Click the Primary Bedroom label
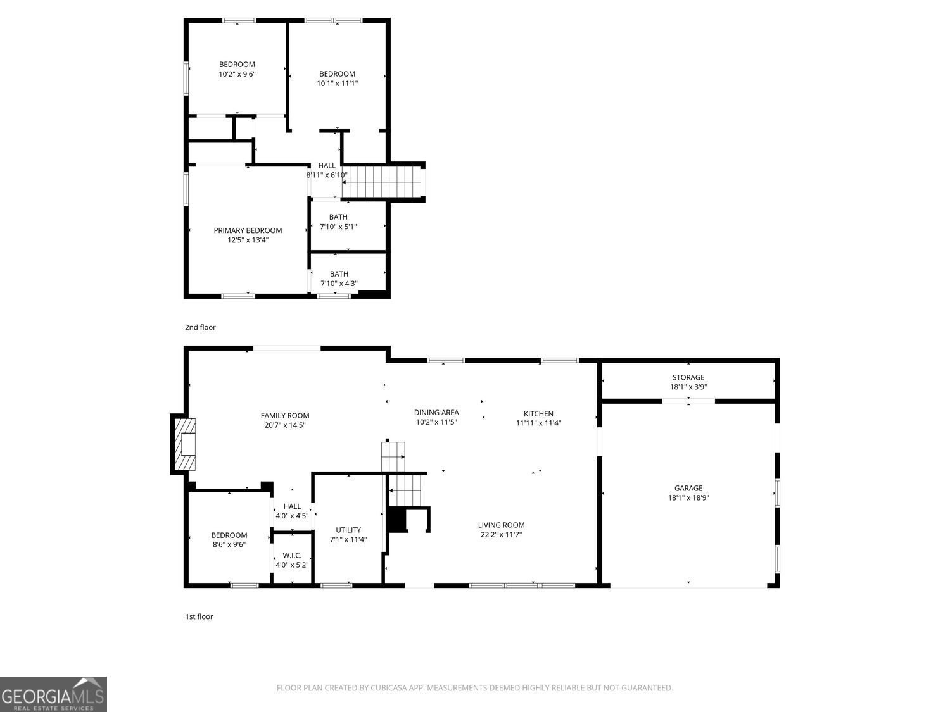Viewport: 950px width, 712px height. click(x=248, y=230)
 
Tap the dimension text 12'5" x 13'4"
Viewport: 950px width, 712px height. click(x=248, y=240)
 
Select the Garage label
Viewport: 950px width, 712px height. click(x=688, y=488)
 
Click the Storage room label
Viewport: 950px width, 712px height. click(x=688, y=377)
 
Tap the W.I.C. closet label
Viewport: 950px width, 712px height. click(x=292, y=555)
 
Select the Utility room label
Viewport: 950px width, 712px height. click(x=348, y=530)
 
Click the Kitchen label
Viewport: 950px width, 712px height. click(x=538, y=413)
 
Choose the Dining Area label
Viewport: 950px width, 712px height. click(x=436, y=413)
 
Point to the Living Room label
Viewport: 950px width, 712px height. click(x=501, y=525)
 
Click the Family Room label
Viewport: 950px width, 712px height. click(x=285, y=416)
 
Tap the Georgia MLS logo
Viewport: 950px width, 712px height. click(x=53, y=694)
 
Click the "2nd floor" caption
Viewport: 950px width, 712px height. click(x=200, y=327)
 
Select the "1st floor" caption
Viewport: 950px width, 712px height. click(x=199, y=616)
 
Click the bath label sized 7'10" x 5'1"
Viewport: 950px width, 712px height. click(x=338, y=217)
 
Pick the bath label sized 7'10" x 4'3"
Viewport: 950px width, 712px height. click(x=339, y=274)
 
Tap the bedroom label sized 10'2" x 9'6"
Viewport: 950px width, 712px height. click(x=237, y=65)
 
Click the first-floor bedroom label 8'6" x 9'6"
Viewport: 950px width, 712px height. click(x=229, y=535)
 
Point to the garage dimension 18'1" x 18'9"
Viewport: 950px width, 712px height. click(x=688, y=498)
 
